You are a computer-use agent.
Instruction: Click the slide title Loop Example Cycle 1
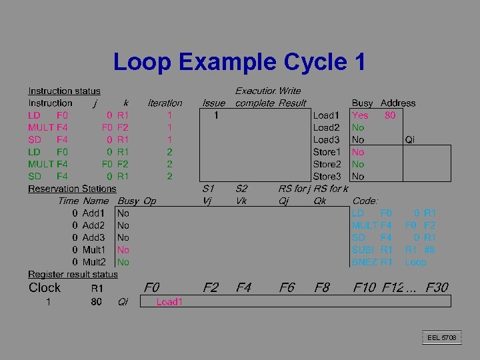point(239,62)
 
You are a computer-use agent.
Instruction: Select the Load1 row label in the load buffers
point(326,115)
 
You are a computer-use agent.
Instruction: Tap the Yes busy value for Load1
point(360,115)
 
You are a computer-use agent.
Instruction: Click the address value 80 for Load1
point(390,115)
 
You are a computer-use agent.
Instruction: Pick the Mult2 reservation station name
point(93,262)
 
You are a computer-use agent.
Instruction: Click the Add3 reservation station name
point(93,237)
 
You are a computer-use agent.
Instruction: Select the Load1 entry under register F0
point(169,302)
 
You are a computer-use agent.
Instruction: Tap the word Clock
point(45,287)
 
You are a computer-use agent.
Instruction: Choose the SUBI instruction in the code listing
point(364,250)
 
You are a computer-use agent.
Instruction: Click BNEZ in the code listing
point(365,262)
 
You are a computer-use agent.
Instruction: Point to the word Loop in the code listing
point(415,262)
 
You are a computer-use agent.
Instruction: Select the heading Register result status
point(73,274)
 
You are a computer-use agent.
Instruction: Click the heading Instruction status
point(64,91)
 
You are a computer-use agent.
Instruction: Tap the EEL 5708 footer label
point(442,338)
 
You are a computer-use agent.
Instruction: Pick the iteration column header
point(165,103)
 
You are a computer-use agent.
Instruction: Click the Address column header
point(397,103)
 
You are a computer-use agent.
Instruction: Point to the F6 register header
point(287,287)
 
